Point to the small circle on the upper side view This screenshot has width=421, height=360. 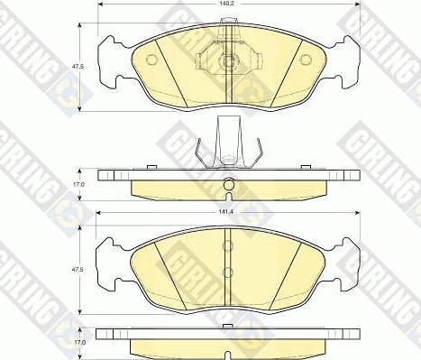pyautogui.click(x=228, y=188)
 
